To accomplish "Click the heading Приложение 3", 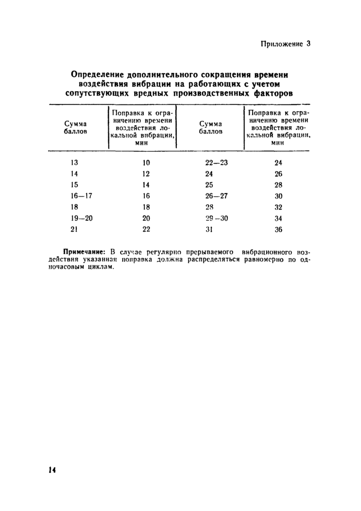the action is (285, 44).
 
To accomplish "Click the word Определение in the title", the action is (101, 75).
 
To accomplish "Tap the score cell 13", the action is (74, 163).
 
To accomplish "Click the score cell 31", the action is (209, 230).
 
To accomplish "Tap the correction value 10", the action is (146, 163).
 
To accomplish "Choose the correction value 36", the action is (278, 230).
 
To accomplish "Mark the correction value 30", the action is (278, 196).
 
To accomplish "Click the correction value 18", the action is (146, 207).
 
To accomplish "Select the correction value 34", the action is (278, 218).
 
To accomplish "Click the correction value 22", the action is (146, 230).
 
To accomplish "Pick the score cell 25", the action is (209, 185).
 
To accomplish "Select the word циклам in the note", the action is (98, 269).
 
